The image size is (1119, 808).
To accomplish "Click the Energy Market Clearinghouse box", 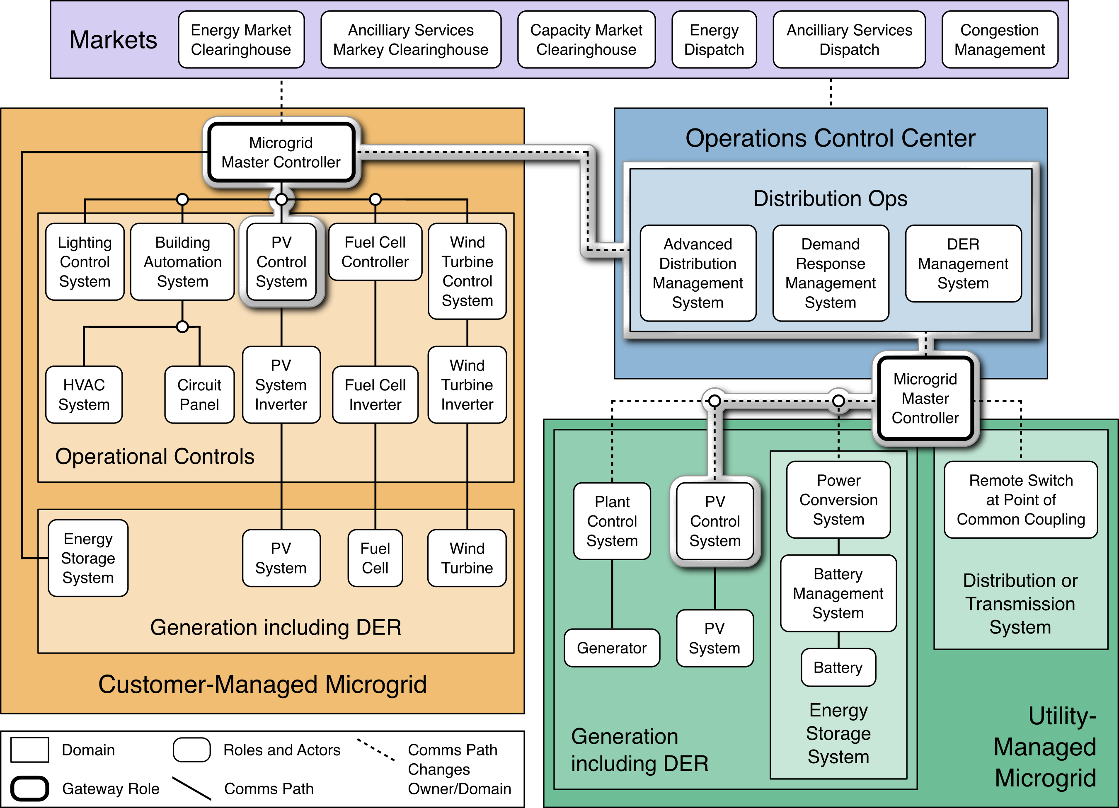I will [241, 39].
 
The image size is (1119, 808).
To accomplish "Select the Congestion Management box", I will [999, 39].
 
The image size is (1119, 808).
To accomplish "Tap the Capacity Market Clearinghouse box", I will [586, 39].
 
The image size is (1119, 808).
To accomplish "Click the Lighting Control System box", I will [85, 262].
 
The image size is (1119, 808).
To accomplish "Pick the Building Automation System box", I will [182, 262].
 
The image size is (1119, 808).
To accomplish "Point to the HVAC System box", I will [84, 394].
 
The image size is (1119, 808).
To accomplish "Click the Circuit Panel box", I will [199, 394].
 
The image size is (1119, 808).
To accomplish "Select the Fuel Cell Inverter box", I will [375, 394].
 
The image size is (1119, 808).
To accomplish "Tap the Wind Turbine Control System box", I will [467, 271].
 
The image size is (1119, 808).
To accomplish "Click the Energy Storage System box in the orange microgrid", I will [88, 558].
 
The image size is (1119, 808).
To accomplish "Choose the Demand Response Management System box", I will [831, 273].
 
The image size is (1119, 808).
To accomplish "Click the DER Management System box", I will [963, 264].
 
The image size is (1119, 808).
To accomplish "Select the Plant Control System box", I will [612, 521].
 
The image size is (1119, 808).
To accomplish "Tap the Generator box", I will [612, 648].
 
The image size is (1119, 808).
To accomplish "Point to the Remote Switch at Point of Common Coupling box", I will [1020, 500].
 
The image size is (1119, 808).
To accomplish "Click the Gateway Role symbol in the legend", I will [29, 788].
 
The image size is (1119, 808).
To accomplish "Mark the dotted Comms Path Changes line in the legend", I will [376, 749].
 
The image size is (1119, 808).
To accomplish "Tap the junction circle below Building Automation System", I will [182, 327].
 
